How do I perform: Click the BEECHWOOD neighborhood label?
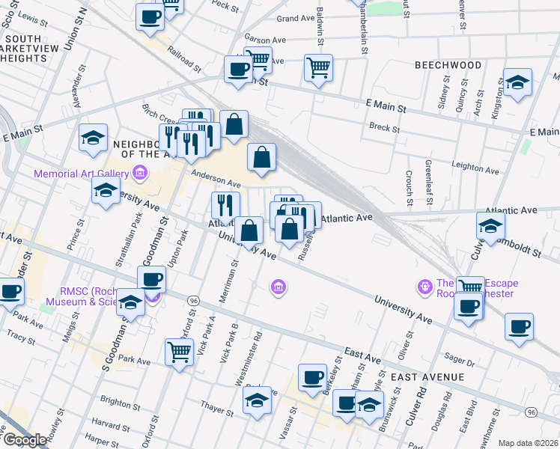(x=448, y=65)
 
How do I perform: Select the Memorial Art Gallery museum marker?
(x=139, y=174)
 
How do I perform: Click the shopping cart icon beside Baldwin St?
(x=318, y=68)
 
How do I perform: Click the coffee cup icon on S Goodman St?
(x=151, y=279)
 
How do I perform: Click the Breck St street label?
(x=384, y=128)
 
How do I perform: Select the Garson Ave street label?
(x=265, y=39)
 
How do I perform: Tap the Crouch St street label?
(x=410, y=187)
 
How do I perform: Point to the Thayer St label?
(x=216, y=406)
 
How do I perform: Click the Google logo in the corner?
(x=25, y=439)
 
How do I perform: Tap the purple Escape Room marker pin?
(x=425, y=286)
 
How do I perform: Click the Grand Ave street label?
(x=296, y=18)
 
